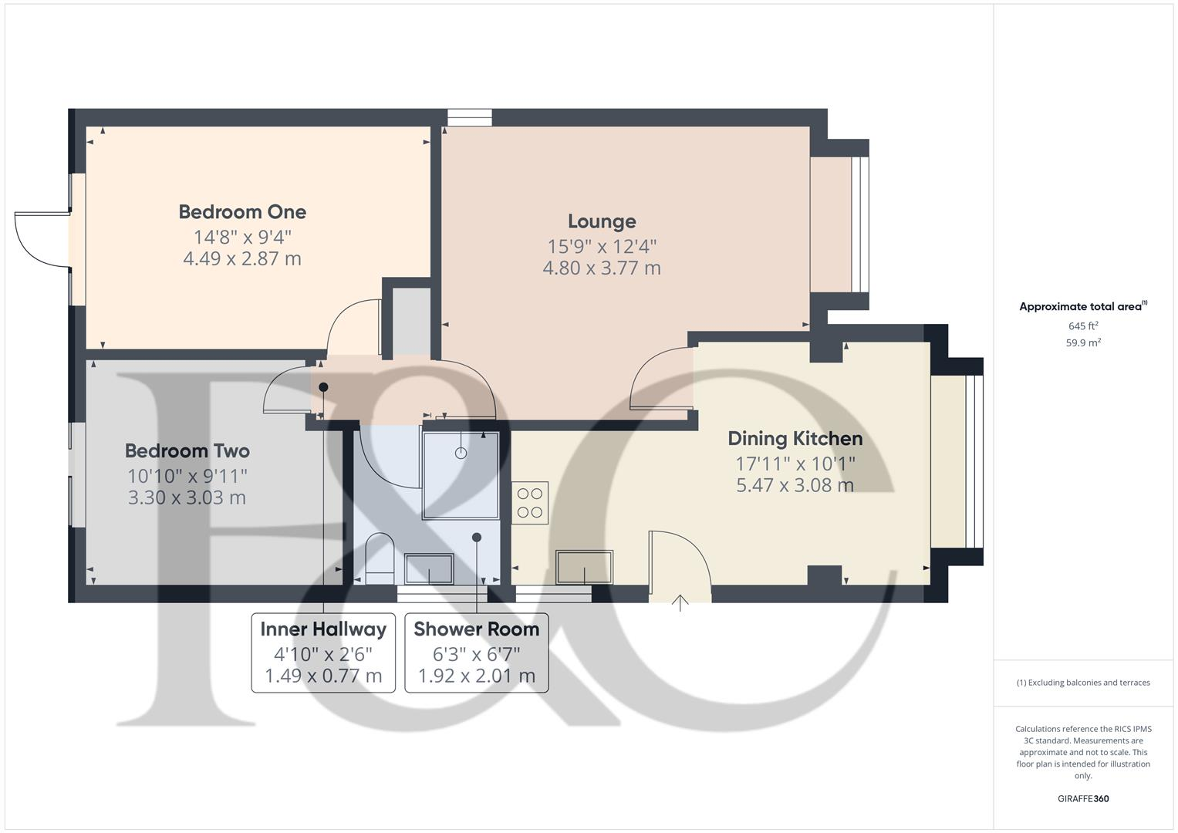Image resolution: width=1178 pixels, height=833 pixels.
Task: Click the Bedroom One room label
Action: tap(242, 212)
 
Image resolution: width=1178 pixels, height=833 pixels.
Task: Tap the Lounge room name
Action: tap(602, 221)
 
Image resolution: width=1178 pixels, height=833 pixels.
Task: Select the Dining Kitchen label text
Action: tap(795, 439)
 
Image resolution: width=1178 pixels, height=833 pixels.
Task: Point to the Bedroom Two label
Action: tap(187, 451)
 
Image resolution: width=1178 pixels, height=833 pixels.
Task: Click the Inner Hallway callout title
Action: tap(323, 629)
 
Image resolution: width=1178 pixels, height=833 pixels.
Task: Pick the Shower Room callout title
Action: tap(476, 629)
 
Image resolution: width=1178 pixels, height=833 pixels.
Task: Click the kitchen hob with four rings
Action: tap(530, 503)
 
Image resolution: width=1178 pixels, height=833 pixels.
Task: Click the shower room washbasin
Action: tap(429, 568)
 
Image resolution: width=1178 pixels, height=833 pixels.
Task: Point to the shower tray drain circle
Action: tap(461, 454)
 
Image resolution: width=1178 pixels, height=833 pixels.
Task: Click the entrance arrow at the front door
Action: tap(680, 602)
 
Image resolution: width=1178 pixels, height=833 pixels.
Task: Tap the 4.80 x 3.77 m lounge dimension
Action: tap(602, 268)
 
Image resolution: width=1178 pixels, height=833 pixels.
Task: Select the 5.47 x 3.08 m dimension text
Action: tap(795, 485)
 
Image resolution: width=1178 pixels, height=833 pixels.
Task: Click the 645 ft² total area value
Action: tap(1083, 326)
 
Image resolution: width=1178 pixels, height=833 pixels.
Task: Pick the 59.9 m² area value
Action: tap(1083, 343)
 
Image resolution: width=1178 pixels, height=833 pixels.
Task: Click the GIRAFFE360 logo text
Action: tap(1083, 799)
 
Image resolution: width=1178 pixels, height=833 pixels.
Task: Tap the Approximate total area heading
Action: tap(1082, 307)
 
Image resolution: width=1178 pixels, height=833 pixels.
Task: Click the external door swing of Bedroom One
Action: tap(39, 240)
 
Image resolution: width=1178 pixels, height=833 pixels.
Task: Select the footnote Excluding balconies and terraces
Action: tap(1083, 683)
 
